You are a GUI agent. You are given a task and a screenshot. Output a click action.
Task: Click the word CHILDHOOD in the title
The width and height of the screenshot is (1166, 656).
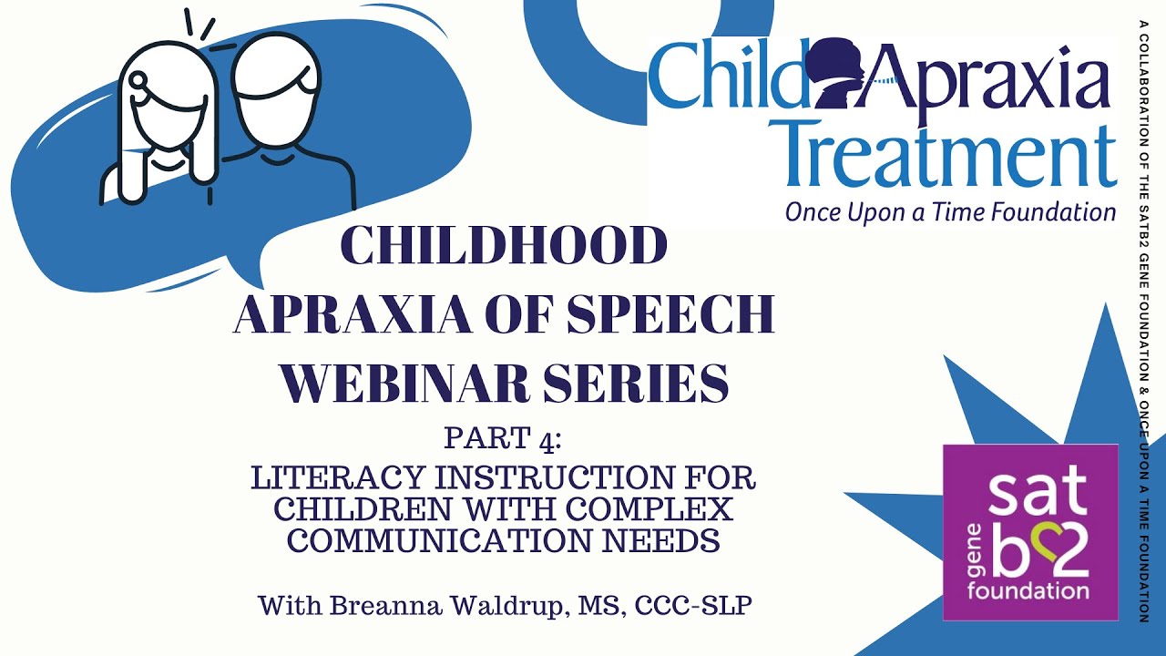pos(504,246)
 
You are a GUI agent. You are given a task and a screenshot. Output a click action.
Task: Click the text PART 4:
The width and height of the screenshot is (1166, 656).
pos(504,438)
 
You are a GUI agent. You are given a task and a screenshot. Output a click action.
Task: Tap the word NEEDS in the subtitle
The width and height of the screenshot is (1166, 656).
pos(666,541)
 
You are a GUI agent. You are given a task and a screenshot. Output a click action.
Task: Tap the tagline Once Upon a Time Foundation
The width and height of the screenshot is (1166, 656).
pos(950,212)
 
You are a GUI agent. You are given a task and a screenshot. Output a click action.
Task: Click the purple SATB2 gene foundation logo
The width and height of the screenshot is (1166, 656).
pos(1029,532)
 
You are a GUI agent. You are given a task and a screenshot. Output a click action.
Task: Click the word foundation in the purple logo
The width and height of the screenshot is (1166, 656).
pos(1029,591)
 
